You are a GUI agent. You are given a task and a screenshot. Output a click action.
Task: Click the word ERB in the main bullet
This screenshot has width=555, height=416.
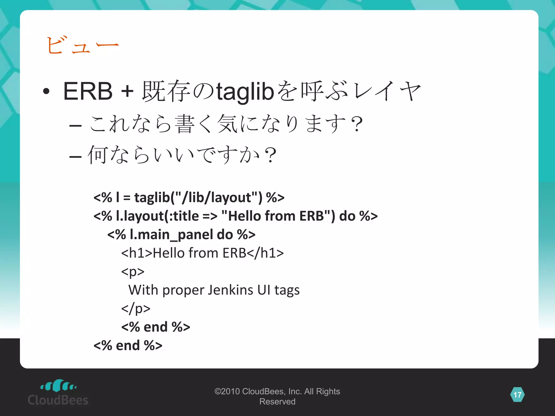click(x=88, y=91)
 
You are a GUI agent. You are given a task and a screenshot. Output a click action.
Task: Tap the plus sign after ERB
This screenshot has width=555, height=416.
click(x=127, y=91)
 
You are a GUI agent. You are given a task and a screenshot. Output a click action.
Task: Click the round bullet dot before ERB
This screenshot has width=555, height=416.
click(x=46, y=91)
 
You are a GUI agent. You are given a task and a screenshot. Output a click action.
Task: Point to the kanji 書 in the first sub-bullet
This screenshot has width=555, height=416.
click(x=185, y=124)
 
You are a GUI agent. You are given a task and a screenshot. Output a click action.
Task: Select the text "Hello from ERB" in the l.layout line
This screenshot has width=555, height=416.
click(x=276, y=216)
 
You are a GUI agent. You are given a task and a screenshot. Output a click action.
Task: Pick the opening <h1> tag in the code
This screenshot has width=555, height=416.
click(x=137, y=253)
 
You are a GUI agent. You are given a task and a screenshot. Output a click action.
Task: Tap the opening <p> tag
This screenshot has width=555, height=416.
click(x=133, y=271)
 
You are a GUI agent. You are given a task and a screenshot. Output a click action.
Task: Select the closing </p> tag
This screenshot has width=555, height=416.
click(x=135, y=308)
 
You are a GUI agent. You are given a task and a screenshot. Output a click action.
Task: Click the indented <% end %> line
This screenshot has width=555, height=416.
click(x=156, y=327)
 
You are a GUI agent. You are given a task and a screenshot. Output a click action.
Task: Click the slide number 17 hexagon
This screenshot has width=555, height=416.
click(x=517, y=395)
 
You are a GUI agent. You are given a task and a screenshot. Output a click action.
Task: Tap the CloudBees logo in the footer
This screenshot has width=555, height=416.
click(x=58, y=393)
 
